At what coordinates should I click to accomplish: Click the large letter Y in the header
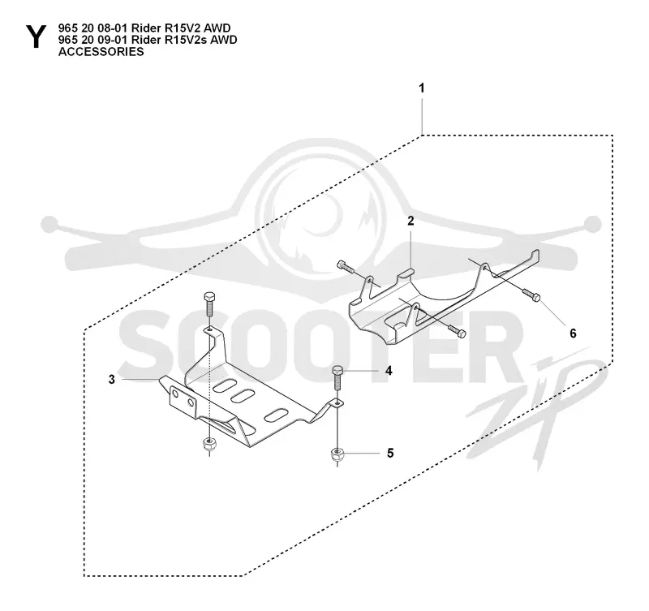(x=36, y=37)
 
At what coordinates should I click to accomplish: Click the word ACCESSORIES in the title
(x=101, y=52)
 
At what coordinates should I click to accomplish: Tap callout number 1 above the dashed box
(x=422, y=88)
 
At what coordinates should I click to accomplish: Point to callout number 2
(x=410, y=221)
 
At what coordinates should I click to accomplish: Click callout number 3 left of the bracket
(x=112, y=379)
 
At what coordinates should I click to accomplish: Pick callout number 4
(x=389, y=371)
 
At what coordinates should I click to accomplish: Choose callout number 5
(x=390, y=454)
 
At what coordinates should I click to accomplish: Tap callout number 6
(x=573, y=333)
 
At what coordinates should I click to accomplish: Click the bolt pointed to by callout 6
(x=531, y=295)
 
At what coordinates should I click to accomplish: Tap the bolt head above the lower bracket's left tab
(x=209, y=296)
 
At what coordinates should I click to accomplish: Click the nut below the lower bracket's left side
(x=210, y=445)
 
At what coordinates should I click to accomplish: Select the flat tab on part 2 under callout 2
(x=407, y=273)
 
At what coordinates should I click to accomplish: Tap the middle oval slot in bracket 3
(x=243, y=396)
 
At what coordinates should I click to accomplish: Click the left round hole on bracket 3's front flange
(x=176, y=393)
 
